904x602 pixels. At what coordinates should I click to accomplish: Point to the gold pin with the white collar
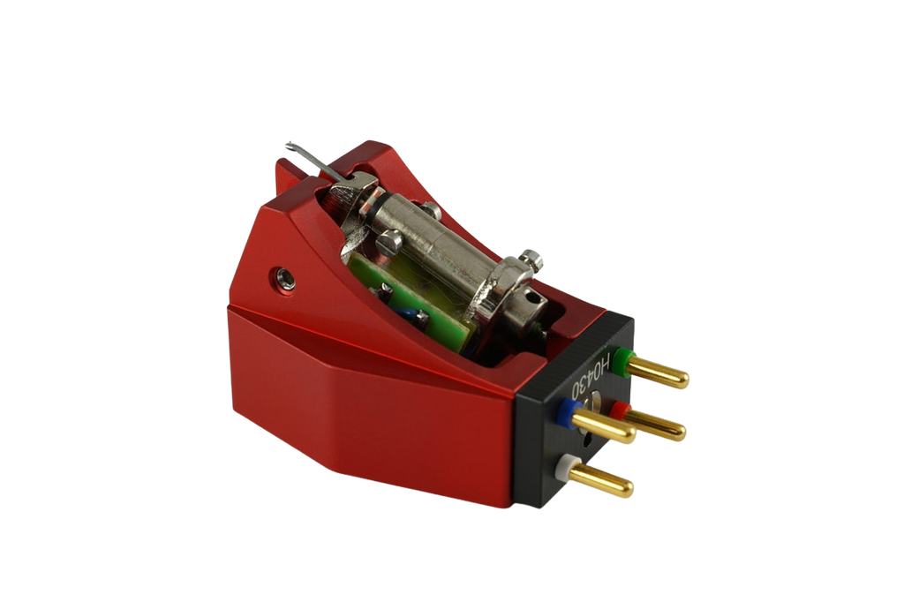tap(606, 481)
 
